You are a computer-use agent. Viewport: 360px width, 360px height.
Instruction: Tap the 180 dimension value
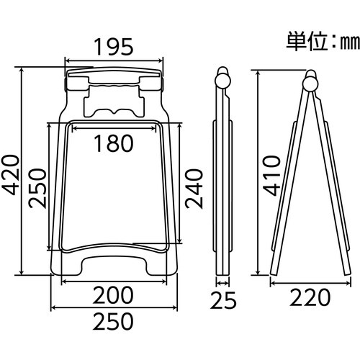click(114, 143)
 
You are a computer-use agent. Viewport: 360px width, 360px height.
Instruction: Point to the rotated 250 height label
click(37, 187)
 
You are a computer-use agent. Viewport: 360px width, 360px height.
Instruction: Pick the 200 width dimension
click(114, 294)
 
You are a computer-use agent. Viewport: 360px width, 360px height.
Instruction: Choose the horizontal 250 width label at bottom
click(114, 319)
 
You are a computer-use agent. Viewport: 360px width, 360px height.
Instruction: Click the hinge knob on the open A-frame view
click(310, 81)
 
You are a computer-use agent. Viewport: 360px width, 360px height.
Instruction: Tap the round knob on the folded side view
click(224, 77)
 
